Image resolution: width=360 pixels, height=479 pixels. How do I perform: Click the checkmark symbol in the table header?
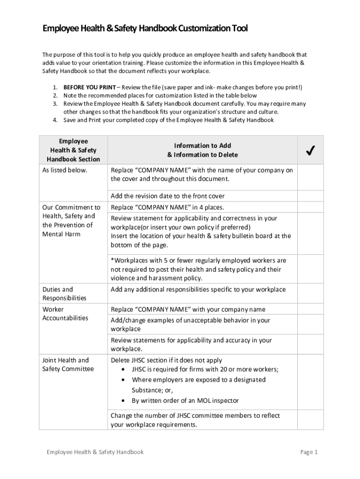coord(310,150)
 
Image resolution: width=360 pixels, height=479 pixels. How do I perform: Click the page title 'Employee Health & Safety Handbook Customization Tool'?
coord(145,29)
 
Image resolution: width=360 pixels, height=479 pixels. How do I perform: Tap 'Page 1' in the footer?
coord(309,452)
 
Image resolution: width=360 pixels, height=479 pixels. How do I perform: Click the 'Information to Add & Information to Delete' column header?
coord(202,150)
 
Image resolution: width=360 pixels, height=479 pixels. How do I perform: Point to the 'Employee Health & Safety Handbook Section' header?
coord(73,150)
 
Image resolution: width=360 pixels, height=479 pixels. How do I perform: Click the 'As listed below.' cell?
coord(65,170)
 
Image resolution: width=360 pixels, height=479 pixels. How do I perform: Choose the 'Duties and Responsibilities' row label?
coord(65,294)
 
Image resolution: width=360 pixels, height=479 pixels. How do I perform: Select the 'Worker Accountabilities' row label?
coord(65,314)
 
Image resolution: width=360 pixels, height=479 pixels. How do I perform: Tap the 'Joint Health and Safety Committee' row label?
coord(68,364)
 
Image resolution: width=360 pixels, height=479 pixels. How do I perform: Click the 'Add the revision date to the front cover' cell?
coord(167,196)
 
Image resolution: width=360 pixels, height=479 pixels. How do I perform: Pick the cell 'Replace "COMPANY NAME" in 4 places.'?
coord(167,207)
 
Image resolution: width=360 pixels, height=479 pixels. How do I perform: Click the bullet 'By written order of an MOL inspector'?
coord(185,401)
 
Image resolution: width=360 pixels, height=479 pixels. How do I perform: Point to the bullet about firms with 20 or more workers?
coord(205,369)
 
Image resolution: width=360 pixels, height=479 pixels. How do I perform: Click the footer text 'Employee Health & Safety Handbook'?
coord(95,452)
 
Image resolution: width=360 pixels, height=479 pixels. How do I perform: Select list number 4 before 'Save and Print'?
coord(55,120)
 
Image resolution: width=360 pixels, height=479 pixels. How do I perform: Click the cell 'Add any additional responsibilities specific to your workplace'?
coord(198,290)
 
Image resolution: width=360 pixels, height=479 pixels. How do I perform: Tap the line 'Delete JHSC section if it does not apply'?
coord(166,360)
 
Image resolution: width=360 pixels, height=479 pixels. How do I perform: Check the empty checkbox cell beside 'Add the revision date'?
coord(310,196)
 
